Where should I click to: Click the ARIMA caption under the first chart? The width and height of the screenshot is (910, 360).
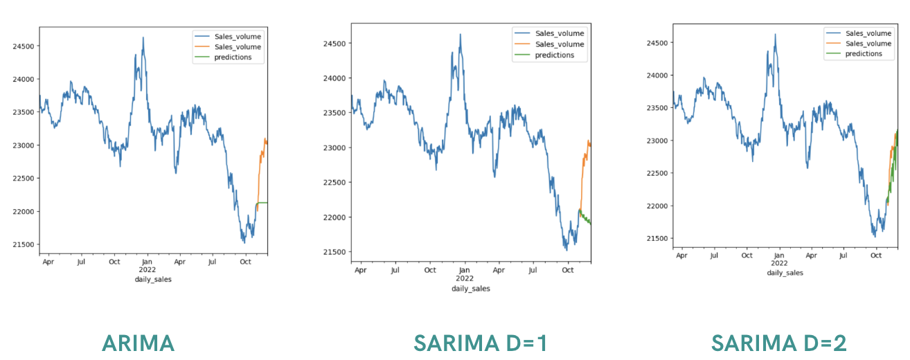[x=138, y=343]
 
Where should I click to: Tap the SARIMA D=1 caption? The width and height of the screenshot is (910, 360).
[x=481, y=343]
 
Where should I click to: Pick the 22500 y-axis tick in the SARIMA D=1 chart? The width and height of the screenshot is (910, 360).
[x=335, y=182]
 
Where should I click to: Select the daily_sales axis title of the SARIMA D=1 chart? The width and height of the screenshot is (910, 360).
[x=470, y=288]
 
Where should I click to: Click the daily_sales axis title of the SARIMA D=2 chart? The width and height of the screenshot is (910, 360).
[x=785, y=273]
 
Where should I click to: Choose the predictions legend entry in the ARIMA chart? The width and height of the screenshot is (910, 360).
[x=238, y=58]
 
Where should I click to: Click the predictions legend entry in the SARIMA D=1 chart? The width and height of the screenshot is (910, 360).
[x=554, y=55]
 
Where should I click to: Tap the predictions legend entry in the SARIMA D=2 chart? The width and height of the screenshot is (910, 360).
[x=864, y=54]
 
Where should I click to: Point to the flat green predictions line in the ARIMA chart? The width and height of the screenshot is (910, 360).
[x=263, y=203]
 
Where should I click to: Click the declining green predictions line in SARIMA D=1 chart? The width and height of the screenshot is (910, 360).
[x=585, y=219]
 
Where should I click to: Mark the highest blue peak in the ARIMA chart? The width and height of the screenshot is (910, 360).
[x=143, y=38]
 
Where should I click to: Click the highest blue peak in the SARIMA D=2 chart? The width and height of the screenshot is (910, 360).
[x=775, y=34]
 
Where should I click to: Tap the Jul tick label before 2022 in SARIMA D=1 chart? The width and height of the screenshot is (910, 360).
[x=395, y=269]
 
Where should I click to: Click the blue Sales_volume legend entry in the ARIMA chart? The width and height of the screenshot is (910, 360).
[x=238, y=36]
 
